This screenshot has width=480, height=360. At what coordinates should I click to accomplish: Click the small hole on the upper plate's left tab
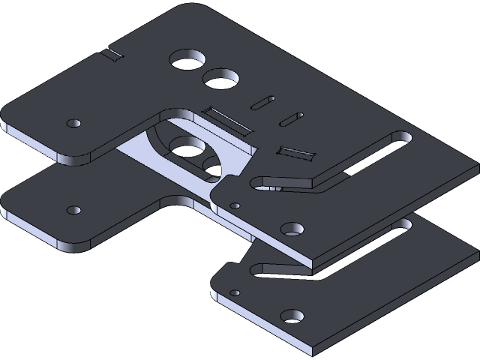(x=73, y=122)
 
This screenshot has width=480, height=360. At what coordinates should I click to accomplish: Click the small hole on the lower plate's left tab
(x=73, y=210)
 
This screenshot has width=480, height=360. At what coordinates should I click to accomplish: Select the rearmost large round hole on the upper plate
(x=188, y=59)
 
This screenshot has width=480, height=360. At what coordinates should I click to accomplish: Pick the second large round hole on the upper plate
(x=219, y=77)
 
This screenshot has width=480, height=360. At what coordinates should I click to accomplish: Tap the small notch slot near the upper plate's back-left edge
(x=113, y=54)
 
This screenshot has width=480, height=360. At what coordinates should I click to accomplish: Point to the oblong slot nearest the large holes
(x=263, y=100)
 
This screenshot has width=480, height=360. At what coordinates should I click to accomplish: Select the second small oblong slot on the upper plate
(x=291, y=118)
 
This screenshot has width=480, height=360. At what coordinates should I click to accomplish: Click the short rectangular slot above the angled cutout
(x=295, y=153)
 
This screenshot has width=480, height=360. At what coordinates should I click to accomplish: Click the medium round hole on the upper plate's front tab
(x=292, y=229)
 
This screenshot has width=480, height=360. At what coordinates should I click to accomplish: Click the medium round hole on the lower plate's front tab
(x=292, y=316)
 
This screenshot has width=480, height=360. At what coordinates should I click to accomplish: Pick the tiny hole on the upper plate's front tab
(x=235, y=205)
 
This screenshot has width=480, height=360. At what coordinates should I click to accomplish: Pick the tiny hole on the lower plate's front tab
(x=235, y=292)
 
